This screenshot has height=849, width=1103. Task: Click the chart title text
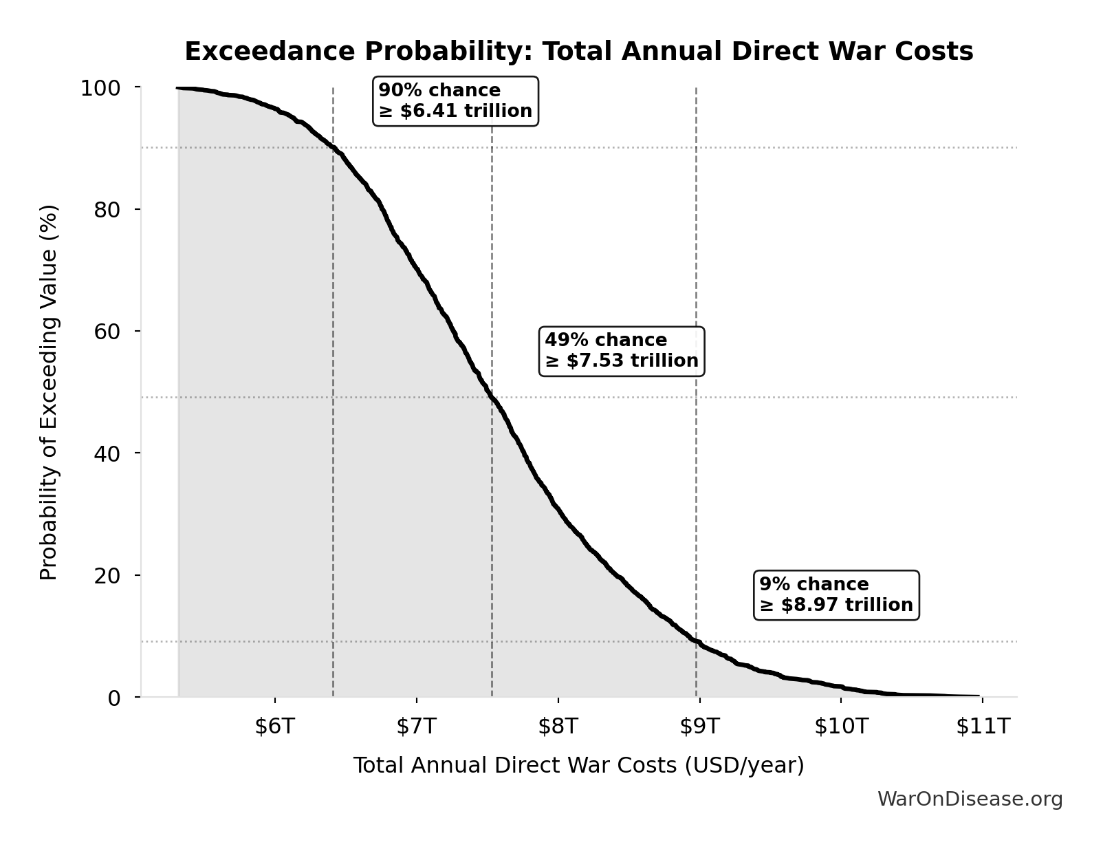[x=578, y=52]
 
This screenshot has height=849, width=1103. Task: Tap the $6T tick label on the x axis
[x=274, y=727]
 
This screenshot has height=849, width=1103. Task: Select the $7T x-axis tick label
[x=416, y=727]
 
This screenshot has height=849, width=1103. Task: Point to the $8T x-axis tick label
[x=558, y=727]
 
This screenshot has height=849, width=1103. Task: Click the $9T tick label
[x=699, y=727]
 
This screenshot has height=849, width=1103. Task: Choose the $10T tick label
[x=841, y=727]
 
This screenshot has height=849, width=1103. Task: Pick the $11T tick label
[x=983, y=727]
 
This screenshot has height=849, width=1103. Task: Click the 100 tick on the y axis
[x=100, y=88]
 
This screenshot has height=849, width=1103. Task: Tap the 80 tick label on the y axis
[x=107, y=210]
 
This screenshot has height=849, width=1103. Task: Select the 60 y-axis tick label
[x=107, y=332]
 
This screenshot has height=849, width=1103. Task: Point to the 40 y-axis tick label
[x=107, y=453]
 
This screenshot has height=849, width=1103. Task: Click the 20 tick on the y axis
[x=107, y=575]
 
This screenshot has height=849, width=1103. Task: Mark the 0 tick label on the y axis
[x=114, y=698]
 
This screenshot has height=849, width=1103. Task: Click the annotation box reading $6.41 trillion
[x=455, y=101]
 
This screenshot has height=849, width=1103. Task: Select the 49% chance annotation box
[x=622, y=351]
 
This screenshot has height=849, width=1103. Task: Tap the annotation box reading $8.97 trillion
[x=836, y=595]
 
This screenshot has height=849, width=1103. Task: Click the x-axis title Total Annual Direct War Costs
[x=578, y=766]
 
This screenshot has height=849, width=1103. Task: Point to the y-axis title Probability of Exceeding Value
[x=49, y=392]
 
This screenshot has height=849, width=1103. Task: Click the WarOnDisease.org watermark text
[x=970, y=799]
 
